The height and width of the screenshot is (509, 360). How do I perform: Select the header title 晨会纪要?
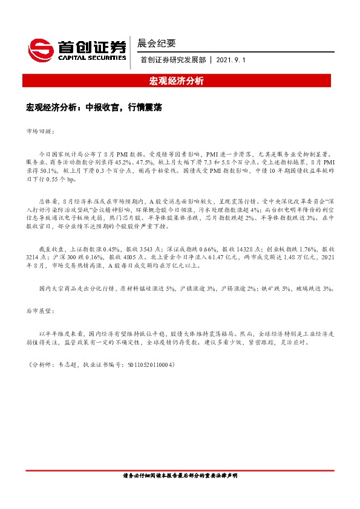[157, 44]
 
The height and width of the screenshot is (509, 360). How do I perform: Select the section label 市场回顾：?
[40, 130]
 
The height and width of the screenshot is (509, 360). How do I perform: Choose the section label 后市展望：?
[40, 311]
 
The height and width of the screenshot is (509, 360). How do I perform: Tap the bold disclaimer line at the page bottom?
[180, 475]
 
